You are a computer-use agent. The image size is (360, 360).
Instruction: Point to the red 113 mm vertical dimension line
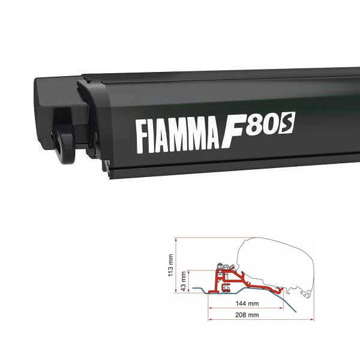click(x=176, y=264)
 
